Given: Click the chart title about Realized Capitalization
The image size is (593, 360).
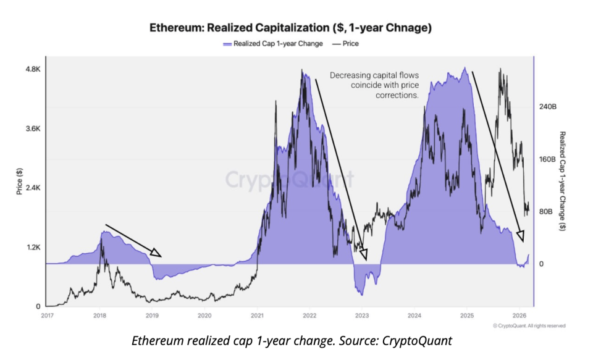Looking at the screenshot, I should click(x=290, y=28).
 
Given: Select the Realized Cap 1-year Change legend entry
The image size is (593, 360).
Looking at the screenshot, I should click(x=272, y=44).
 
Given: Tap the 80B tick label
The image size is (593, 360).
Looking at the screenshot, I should click(x=546, y=212).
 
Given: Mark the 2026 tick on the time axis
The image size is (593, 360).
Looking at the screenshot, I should click(x=519, y=316).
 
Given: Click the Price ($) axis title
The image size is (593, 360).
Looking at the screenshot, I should click(x=19, y=182).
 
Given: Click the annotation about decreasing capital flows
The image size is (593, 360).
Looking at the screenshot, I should click(x=374, y=85).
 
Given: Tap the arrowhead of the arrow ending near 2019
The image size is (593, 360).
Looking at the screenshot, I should click(x=158, y=254).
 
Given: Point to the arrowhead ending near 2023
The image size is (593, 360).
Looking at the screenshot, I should click(x=364, y=255).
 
